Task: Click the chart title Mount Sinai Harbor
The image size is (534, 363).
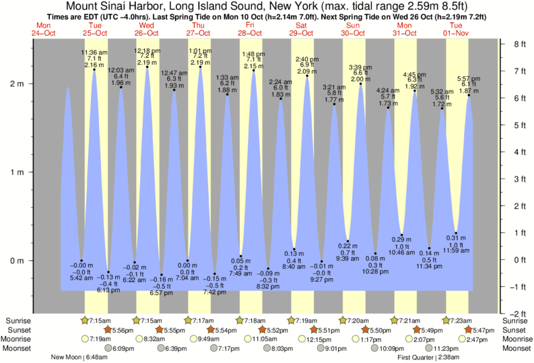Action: (267, 5)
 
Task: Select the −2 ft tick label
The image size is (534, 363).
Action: (516, 314)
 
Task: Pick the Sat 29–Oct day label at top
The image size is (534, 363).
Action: (302, 28)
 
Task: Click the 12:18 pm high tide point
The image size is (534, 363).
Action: (147, 67)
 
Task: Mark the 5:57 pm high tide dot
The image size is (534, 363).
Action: (469, 95)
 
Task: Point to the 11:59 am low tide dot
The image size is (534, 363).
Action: (456, 233)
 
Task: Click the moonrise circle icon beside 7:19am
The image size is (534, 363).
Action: (85, 339)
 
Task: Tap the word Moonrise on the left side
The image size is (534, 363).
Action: (20, 339)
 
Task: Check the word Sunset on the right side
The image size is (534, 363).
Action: (517, 330)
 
